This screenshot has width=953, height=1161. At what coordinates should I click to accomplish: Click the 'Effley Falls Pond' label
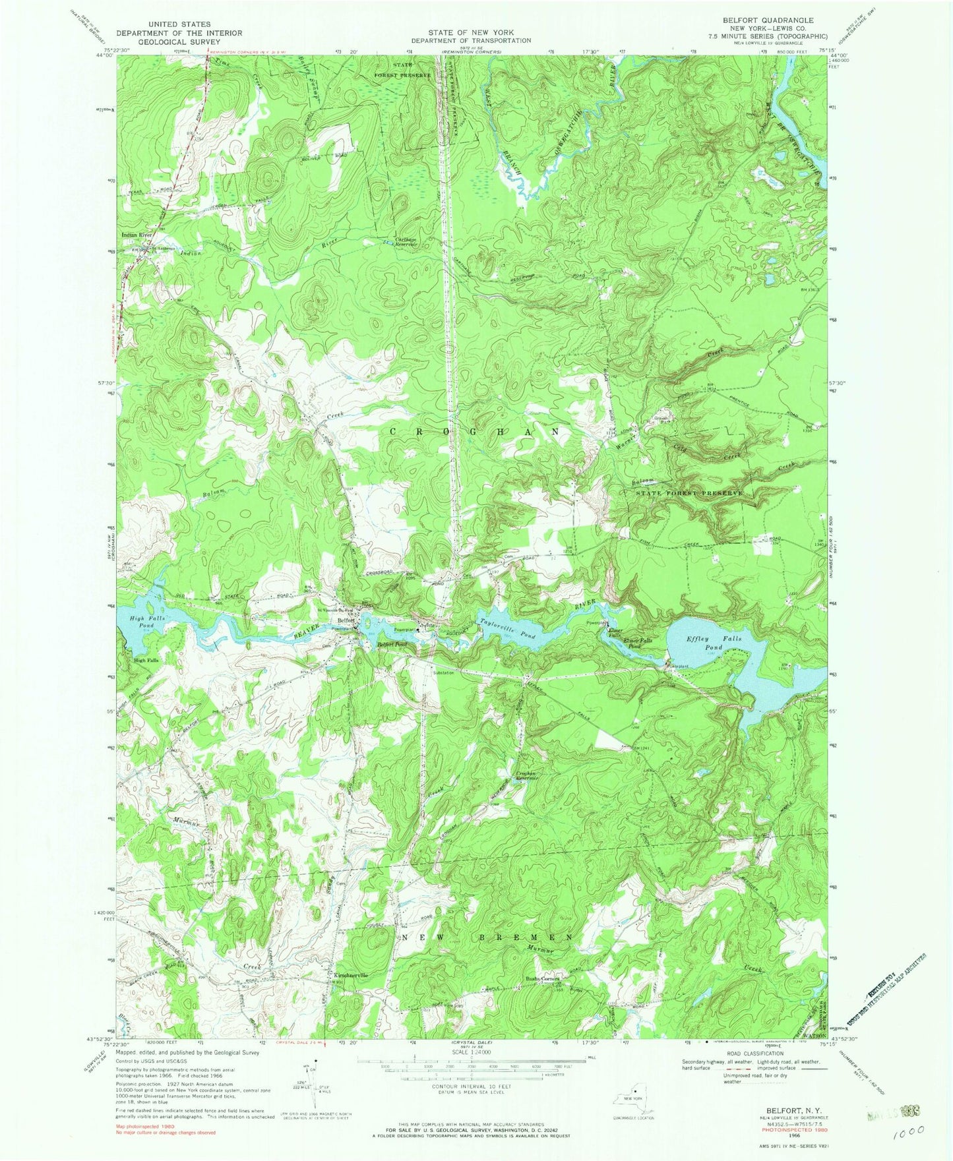pyautogui.click(x=715, y=643)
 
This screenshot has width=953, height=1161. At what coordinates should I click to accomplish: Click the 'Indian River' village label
pyautogui.click(x=137, y=235)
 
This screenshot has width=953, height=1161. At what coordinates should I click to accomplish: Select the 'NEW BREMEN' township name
pyautogui.click(x=486, y=937)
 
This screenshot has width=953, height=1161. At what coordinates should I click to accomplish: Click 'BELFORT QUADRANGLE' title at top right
pyautogui.click(x=768, y=20)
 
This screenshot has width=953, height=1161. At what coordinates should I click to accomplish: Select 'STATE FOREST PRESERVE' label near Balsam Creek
pyautogui.click(x=689, y=493)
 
